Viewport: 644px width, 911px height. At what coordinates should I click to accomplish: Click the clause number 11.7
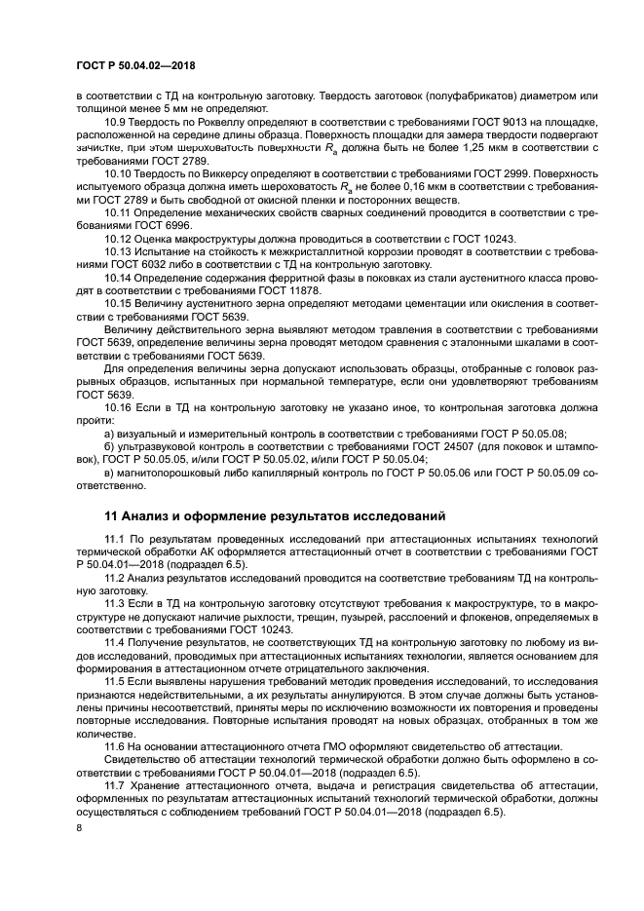coord(117,781)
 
